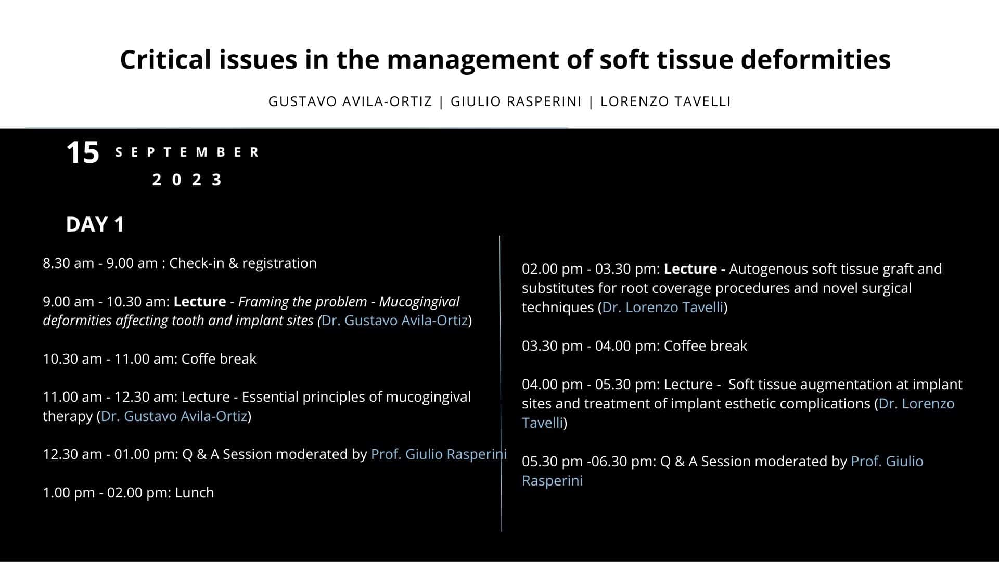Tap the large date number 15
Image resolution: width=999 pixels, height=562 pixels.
(83, 153)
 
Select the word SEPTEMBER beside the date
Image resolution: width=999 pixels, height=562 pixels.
(187, 152)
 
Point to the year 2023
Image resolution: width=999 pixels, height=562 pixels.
(187, 180)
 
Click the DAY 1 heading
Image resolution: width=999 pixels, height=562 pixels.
(95, 224)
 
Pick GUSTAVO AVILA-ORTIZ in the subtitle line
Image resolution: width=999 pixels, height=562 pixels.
(350, 101)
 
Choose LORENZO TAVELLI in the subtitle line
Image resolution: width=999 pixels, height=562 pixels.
(665, 101)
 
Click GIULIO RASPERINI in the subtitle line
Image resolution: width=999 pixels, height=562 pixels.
(516, 101)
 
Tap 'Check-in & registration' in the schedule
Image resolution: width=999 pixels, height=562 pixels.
(243, 263)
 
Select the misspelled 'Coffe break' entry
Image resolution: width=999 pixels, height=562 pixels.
(219, 359)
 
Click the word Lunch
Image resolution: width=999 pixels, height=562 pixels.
(195, 493)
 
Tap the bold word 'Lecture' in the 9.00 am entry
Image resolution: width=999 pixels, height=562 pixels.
(200, 302)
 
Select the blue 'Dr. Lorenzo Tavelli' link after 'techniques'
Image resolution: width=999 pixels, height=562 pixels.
(663, 308)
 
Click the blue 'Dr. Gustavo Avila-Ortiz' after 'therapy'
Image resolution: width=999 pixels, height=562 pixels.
(174, 416)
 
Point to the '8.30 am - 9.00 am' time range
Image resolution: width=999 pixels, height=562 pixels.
(100, 263)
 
